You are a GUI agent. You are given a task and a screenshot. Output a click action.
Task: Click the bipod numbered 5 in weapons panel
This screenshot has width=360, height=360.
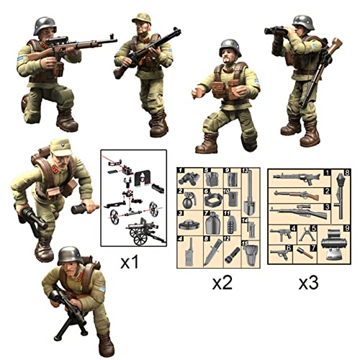coord(307,233)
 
